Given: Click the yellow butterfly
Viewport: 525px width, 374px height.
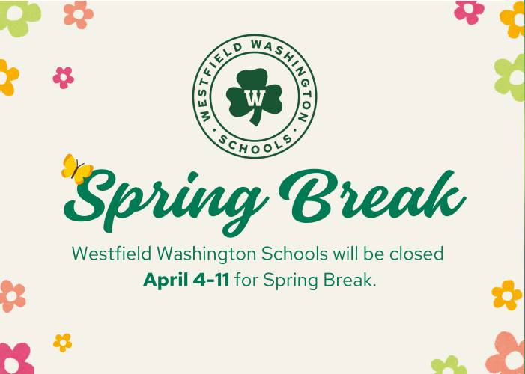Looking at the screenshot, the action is tap(77, 169).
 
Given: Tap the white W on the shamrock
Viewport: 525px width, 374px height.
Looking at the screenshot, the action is tap(255, 97).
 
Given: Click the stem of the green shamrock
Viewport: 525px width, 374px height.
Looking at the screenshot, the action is tap(256, 119).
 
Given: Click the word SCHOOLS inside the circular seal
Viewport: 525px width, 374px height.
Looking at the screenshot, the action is tap(255, 144).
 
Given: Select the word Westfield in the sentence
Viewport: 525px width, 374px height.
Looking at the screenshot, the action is tap(112, 254).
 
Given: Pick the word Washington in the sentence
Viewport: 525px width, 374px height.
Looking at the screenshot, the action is tap(207, 254).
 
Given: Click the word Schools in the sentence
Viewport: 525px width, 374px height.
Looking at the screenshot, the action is tap(294, 254).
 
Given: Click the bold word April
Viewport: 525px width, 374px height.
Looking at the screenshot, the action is tap(166, 280).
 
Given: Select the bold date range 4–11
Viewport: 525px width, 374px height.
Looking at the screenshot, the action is tap(211, 280).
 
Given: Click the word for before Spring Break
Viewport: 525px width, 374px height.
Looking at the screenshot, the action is tap(246, 280).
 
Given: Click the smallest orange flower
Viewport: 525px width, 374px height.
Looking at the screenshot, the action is tap(63, 343).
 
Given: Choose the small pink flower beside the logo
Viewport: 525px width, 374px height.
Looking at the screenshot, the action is tap(63, 78).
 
